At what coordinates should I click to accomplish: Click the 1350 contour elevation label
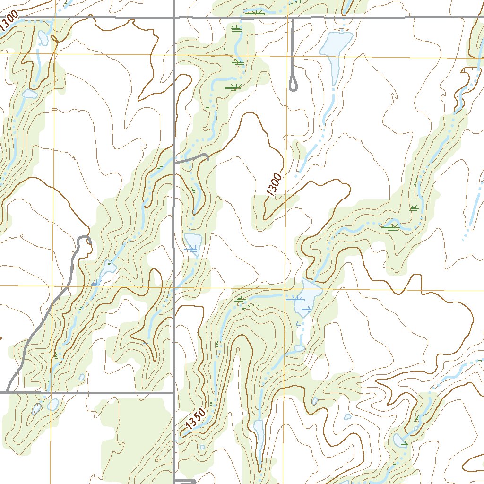pos(194,419)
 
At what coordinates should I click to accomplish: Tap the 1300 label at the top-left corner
pos(9,22)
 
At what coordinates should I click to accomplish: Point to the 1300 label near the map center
pos(274,186)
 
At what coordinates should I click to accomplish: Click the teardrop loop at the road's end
pos(293,85)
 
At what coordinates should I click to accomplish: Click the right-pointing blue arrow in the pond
pos(306,309)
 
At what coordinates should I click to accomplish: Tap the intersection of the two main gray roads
pos(174,18)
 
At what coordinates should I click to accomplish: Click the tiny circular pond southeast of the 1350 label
pos(202,447)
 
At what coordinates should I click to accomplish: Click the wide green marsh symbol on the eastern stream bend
pos(390,227)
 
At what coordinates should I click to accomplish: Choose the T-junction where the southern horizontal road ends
pos(174,392)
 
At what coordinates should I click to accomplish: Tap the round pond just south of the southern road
pos(52,405)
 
